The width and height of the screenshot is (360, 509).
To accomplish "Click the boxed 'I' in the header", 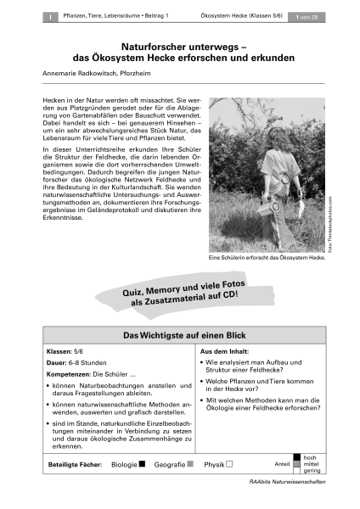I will pos(50,15).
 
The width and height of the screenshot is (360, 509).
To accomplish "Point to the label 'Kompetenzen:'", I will pos(65,376).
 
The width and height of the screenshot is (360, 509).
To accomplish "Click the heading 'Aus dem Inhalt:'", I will pos(222,350).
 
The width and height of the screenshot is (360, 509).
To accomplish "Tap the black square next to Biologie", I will pos(142,465).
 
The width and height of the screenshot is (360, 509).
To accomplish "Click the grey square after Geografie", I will pos(190,465).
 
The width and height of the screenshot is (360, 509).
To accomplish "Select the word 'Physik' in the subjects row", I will pos(215,465).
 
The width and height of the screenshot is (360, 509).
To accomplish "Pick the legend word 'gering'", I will pos(310,473).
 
